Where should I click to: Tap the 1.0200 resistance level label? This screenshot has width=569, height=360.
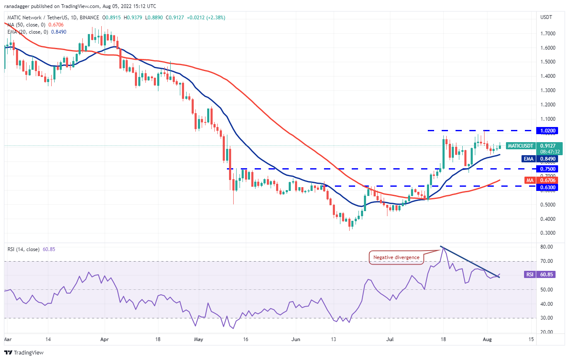coord(548,131)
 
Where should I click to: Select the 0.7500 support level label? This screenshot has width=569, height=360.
coord(548,169)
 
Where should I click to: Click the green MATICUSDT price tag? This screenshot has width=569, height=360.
coord(520,146)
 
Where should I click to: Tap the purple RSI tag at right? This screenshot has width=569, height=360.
coord(529,274)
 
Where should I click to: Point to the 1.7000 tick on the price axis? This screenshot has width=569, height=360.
coord(548,33)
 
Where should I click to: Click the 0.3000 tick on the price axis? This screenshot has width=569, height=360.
coord(548,233)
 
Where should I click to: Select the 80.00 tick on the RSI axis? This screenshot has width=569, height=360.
coord(546,247)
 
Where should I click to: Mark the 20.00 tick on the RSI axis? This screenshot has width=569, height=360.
coord(546,332)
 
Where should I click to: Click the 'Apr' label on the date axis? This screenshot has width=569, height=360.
coord(105,339)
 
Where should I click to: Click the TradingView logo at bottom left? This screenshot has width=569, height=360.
coord(24,352)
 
